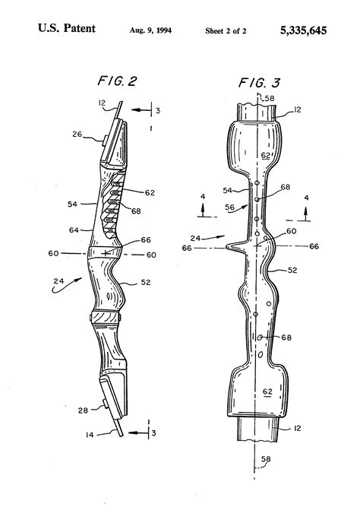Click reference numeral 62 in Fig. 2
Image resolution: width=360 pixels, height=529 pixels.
click(x=150, y=192)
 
